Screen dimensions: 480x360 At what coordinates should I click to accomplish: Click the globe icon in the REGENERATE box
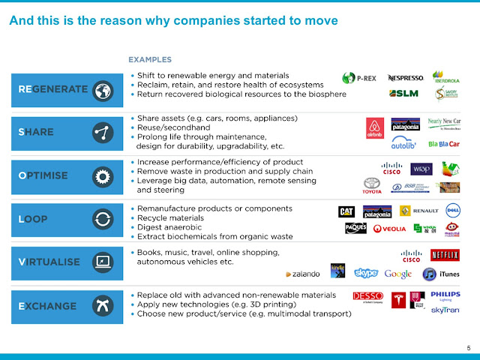click(103, 90)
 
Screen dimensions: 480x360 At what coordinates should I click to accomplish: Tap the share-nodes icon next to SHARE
click(103, 133)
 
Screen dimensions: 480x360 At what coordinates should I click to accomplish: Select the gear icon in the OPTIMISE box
click(103, 176)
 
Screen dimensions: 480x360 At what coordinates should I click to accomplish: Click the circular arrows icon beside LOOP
click(103, 220)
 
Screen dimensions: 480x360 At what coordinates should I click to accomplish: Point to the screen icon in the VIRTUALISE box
click(103, 262)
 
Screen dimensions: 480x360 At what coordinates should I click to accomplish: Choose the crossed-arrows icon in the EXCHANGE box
click(103, 305)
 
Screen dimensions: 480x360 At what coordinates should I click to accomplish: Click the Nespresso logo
click(405, 78)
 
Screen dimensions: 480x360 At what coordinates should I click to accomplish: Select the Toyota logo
click(372, 184)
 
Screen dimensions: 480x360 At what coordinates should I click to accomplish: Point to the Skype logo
click(366, 274)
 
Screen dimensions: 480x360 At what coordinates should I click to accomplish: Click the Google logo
click(398, 274)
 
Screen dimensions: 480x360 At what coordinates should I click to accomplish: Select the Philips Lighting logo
click(445, 296)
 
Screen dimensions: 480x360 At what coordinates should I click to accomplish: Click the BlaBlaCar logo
click(442, 143)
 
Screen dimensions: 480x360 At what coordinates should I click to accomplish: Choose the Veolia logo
click(389, 229)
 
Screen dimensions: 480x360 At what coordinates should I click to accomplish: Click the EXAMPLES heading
click(150, 59)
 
